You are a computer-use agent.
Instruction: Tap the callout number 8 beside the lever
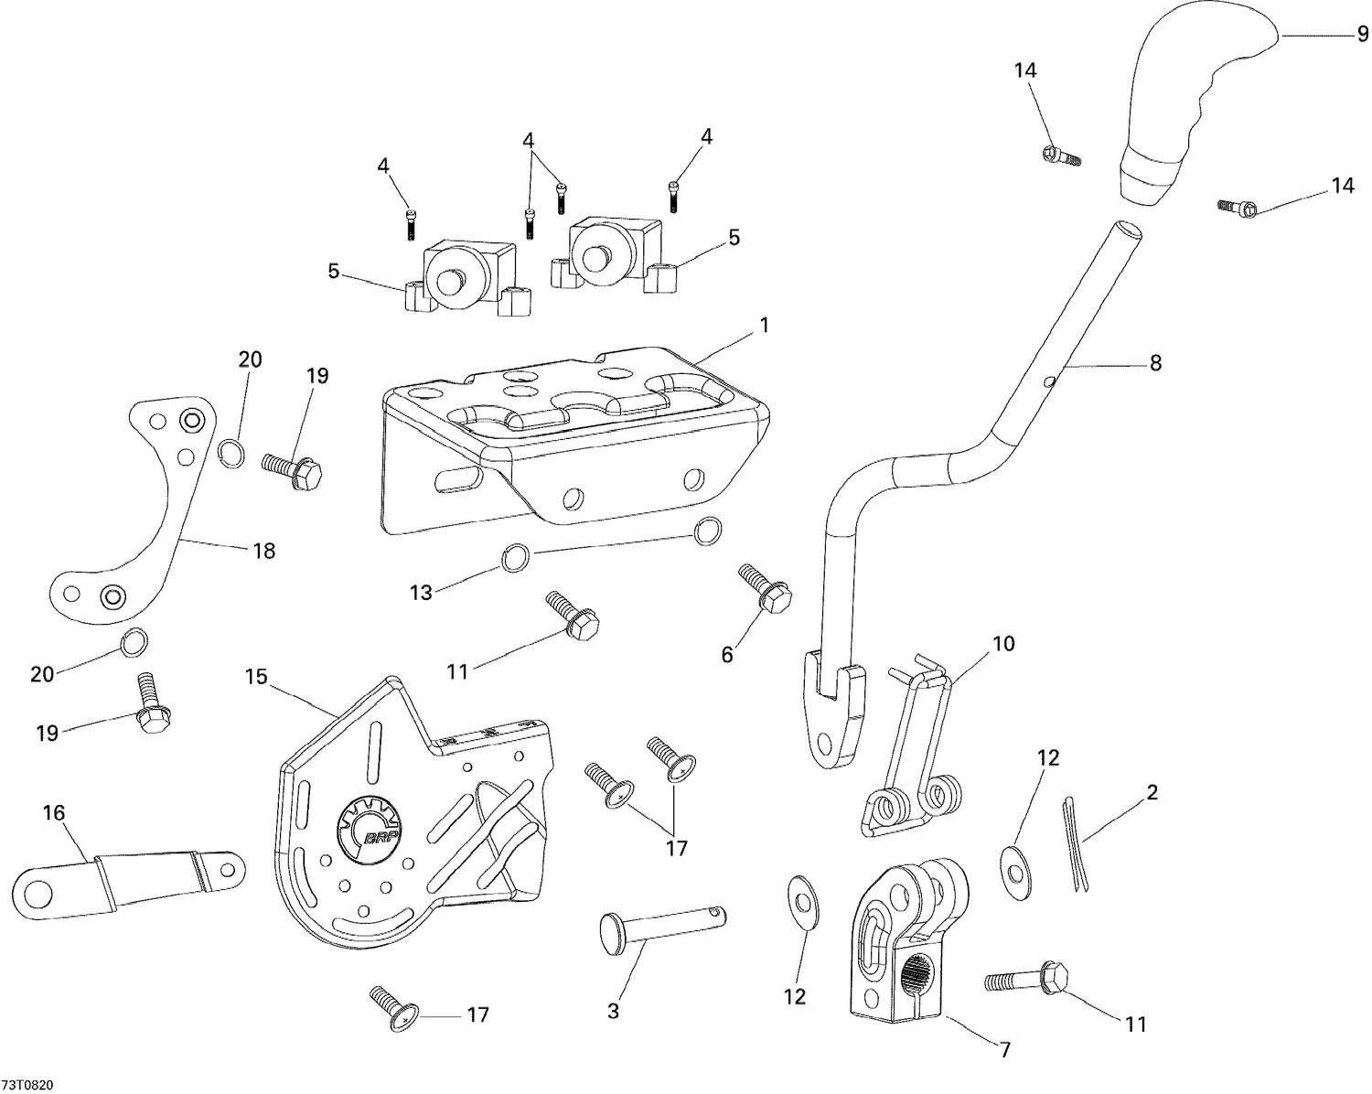click(1155, 363)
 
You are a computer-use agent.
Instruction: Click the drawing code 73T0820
click(27, 1085)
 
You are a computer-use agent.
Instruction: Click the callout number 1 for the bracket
click(764, 325)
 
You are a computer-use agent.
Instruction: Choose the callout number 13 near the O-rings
click(421, 593)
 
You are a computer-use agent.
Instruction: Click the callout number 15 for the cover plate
click(256, 677)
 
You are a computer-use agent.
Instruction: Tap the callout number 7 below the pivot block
click(1004, 1050)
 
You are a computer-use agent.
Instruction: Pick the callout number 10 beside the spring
click(1003, 643)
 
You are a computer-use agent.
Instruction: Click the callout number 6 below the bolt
click(727, 655)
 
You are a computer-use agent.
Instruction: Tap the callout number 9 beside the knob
click(1362, 36)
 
